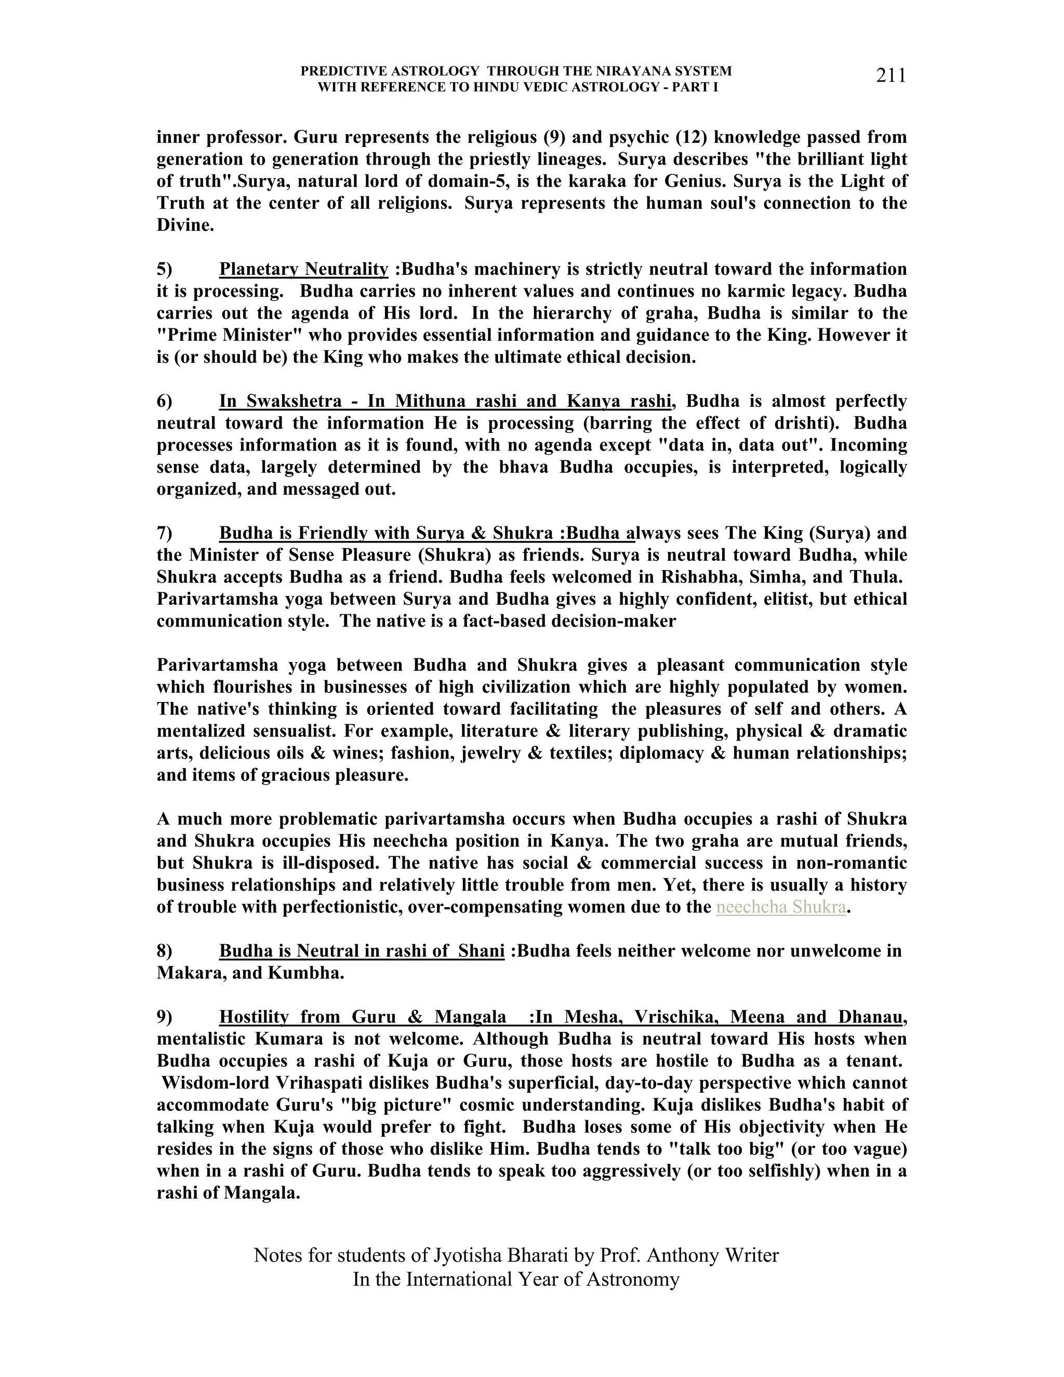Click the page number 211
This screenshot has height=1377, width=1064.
[890, 76]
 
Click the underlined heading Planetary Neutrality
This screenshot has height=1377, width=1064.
[303, 269]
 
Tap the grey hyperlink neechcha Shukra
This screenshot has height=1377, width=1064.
[780, 907]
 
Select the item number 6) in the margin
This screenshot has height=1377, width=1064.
[165, 401]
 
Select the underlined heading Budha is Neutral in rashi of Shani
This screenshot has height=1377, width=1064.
[361, 951]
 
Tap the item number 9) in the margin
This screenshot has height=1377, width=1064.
[165, 1017]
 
